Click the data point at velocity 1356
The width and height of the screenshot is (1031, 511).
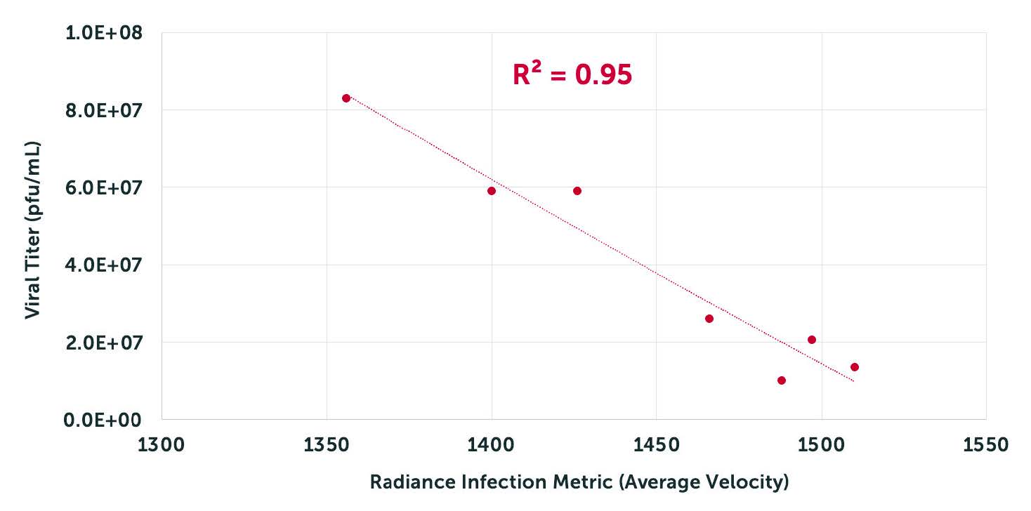(346, 98)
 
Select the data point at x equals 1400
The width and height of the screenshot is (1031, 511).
(492, 191)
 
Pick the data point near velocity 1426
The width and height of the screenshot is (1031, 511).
(577, 191)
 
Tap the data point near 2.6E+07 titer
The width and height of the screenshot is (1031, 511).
(709, 319)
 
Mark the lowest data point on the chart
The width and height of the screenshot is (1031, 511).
(782, 380)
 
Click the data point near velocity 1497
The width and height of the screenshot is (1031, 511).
(812, 340)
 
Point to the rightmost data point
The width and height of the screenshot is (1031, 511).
(855, 367)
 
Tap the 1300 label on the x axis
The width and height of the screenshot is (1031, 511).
(162, 444)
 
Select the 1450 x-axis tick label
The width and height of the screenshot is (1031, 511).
(656, 444)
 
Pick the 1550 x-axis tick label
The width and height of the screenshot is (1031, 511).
(985, 444)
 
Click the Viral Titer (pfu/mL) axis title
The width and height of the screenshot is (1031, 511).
(32, 230)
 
